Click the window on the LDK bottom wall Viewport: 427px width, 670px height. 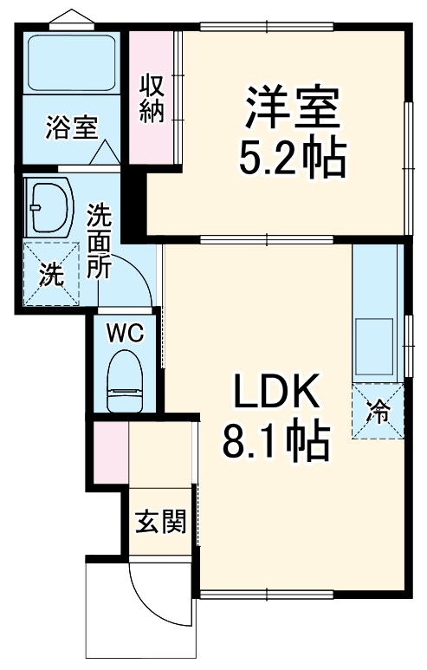(x=267, y=595)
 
